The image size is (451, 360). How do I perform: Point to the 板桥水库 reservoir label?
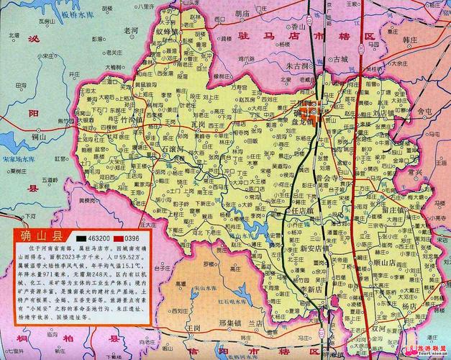point(77,15)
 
